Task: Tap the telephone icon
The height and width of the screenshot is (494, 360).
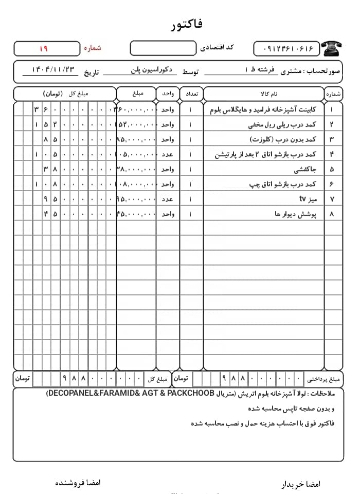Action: coord(332,49)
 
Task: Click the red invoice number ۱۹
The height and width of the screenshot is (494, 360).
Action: coord(43,49)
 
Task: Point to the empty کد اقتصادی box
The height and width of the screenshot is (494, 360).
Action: coord(163,48)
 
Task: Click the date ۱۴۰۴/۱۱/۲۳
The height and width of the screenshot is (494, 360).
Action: coord(53,70)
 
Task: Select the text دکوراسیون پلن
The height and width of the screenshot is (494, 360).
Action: coord(152,70)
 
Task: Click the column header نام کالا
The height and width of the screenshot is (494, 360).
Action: coord(269,94)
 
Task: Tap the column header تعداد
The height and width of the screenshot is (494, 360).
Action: coord(192,94)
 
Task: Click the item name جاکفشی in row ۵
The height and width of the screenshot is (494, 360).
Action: coord(305,169)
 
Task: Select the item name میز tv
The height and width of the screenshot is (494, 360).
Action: coord(308,199)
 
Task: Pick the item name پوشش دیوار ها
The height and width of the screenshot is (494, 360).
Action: coord(295,214)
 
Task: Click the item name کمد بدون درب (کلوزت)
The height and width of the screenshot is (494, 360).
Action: coord(283,139)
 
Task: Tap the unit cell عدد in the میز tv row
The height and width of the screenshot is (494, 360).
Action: coord(167,199)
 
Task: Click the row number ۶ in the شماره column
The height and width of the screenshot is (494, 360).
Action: coord(331,184)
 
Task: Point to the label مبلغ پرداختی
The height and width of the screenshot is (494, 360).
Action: coord(323,379)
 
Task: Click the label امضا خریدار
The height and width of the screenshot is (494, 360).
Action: coord(301,484)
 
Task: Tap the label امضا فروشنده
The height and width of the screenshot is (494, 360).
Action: coord(78,483)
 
